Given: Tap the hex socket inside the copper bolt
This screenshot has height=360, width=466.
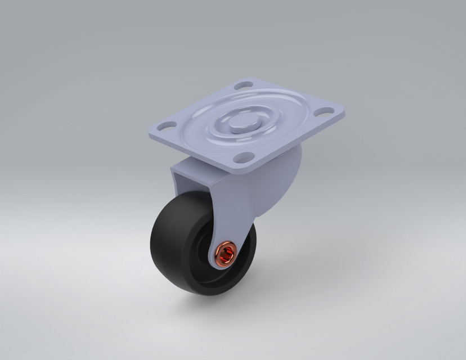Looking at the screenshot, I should (x=226, y=255).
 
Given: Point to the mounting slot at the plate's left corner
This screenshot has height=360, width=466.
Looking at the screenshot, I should (x=167, y=125).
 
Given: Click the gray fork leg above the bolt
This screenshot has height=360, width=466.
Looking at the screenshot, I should (x=225, y=214).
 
